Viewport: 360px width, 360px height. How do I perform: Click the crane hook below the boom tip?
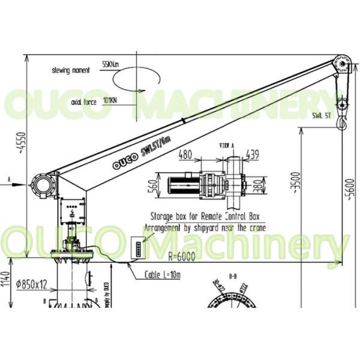(x=343, y=123)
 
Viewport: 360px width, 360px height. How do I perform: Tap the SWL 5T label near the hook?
(x=322, y=115)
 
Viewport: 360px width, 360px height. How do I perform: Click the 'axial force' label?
(x=84, y=103)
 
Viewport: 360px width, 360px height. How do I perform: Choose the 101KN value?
(x=110, y=99)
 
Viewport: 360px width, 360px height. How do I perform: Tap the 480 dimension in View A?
(x=185, y=154)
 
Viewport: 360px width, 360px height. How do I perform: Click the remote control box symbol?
(x=137, y=247)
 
